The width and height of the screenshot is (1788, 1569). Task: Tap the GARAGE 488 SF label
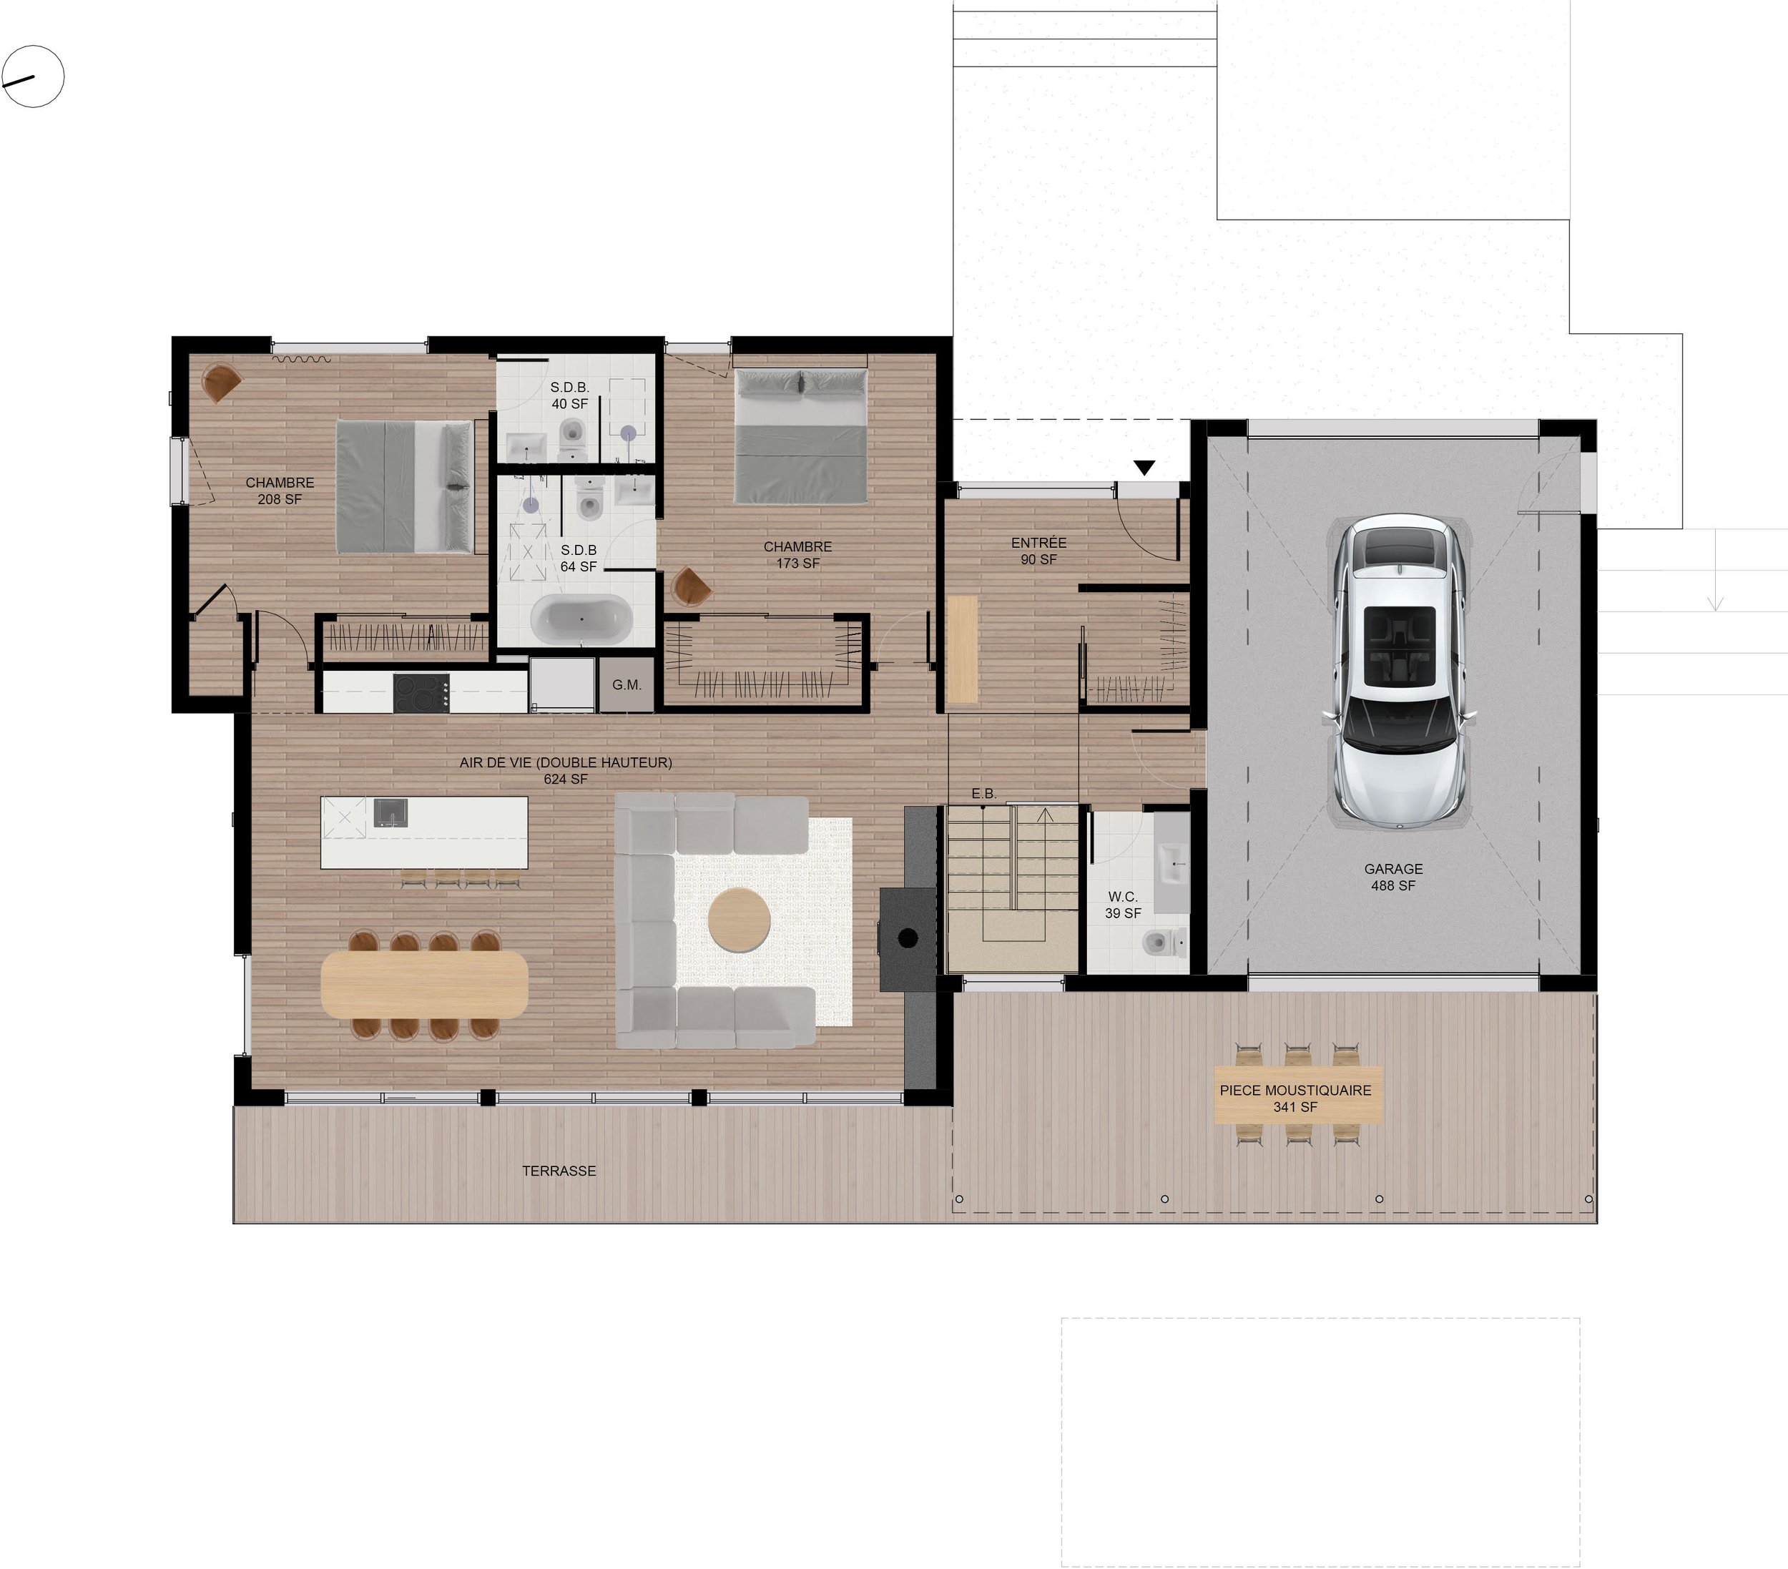tap(1393, 876)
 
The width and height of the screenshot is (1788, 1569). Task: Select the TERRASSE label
tap(559, 1170)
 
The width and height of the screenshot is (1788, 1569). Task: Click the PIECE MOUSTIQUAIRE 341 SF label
tap(1295, 1098)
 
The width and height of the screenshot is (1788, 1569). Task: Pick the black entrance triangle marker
tap(1144, 468)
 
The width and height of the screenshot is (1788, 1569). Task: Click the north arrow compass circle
tap(33, 77)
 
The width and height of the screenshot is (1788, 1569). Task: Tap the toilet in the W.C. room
tap(1156, 943)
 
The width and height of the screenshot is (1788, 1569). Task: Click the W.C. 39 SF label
tap(1123, 905)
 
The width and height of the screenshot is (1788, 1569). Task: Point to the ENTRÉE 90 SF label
tap(1038, 551)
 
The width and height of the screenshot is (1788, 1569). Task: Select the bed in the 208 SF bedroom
tap(404, 486)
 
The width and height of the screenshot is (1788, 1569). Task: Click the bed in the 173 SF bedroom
tap(801, 436)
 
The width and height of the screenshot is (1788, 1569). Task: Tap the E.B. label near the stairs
tap(984, 793)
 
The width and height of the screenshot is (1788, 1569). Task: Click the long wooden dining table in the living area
tap(424, 984)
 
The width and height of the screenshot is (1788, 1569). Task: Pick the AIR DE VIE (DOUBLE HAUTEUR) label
tap(566, 769)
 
